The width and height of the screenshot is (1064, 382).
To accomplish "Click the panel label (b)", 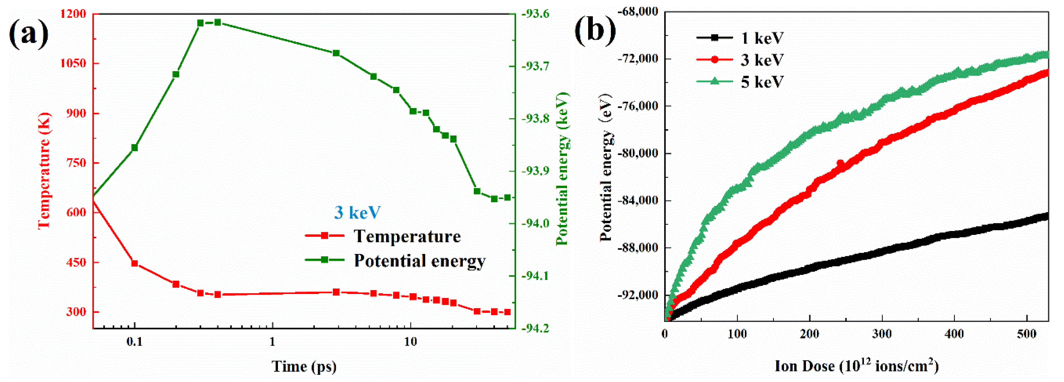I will (595, 29).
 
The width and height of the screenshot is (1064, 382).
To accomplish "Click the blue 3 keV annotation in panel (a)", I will (357, 213).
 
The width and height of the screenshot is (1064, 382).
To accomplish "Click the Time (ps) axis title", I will (304, 366).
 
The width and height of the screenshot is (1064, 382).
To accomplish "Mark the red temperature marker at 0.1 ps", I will (134, 263).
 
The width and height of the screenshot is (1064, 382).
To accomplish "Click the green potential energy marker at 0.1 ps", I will (134, 148).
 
